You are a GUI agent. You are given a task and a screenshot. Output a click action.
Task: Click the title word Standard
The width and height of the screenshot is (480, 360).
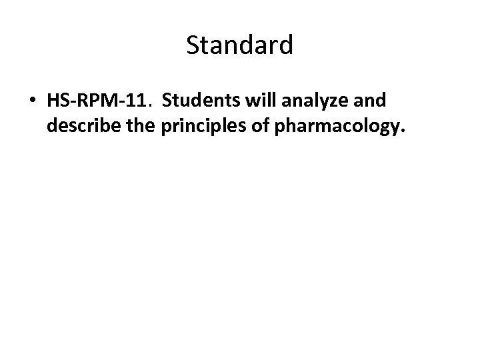click(x=239, y=45)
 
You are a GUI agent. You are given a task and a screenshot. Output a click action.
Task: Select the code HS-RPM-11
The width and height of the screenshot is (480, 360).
click(x=97, y=101)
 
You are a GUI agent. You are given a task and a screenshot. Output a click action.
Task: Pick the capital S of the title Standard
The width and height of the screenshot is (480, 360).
click(x=193, y=45)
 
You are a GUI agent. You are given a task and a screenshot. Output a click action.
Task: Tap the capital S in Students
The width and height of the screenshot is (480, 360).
click(x=167, y=101)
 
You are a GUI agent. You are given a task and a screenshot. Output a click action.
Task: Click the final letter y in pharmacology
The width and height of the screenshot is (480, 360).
click(x=395, y=128)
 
